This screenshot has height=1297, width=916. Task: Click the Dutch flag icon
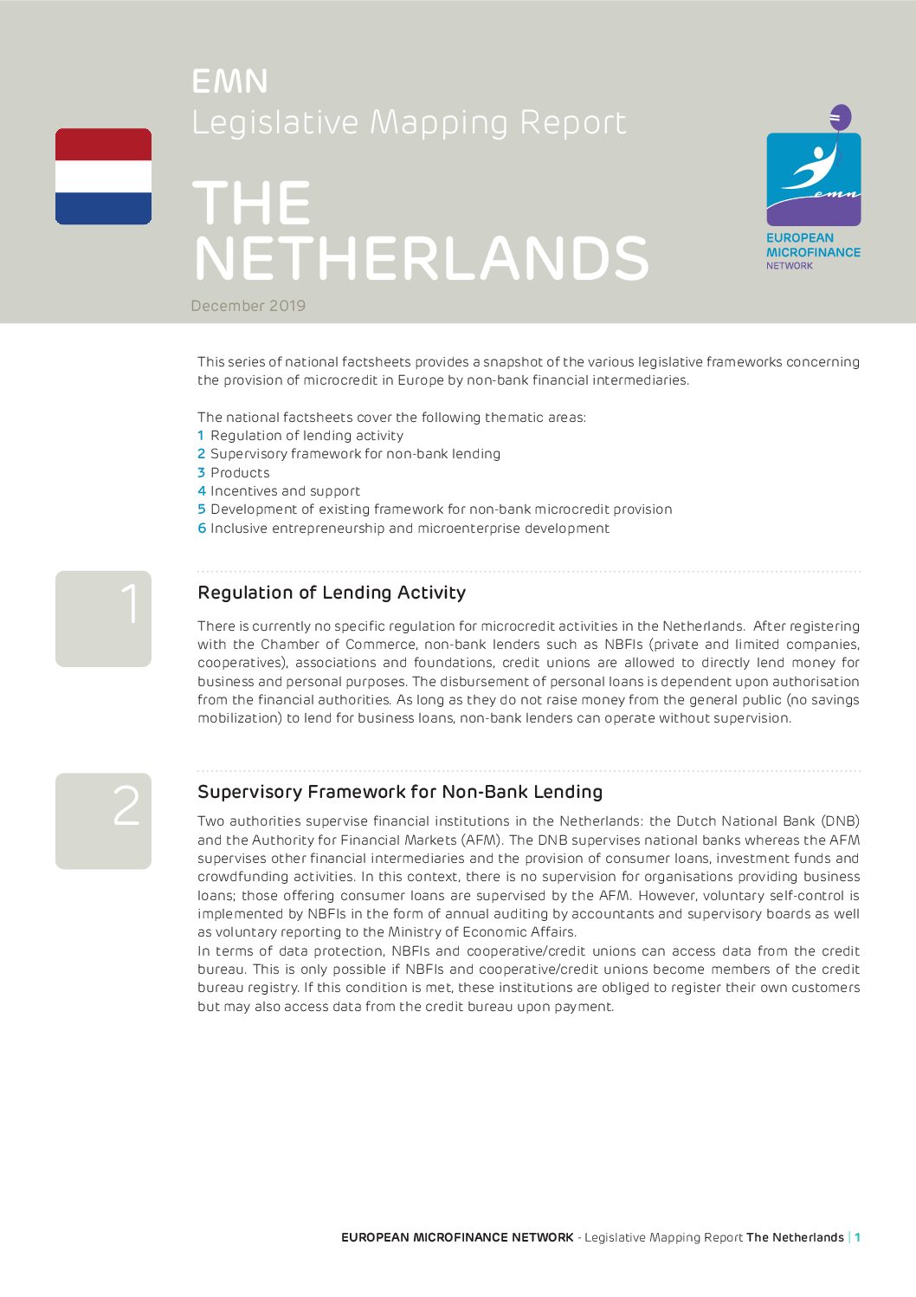103,177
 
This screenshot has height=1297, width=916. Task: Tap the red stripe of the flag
103,144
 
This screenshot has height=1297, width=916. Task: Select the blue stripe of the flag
103,208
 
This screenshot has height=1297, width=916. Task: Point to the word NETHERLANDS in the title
421,258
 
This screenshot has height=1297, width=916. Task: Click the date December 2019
248,306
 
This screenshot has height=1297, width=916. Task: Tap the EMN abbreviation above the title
229,81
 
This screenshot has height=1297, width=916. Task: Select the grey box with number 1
103,619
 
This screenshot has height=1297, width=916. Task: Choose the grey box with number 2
103,820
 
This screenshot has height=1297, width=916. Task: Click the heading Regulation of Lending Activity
332,593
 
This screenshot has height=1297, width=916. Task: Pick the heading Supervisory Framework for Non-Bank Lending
400,792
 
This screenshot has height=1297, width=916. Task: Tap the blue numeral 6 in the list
202,529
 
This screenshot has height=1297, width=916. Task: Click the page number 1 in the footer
857,1237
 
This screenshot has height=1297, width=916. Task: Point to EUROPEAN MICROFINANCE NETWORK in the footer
457,1237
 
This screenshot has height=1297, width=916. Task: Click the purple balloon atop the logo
840,117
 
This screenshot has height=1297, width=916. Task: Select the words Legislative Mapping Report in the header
409,123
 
